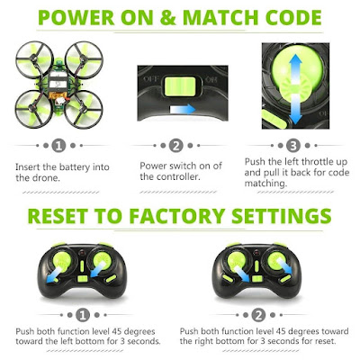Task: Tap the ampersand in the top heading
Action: [x=167, y=17]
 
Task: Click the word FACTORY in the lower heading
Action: [x=177, y=216]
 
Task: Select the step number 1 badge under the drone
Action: [x=58, y=146]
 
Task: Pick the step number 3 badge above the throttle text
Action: [x=293, y=146]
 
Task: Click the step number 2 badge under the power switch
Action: [x=176, y=146]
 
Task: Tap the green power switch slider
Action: [x=180, y=86]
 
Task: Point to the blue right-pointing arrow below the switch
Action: [x=183, y=110]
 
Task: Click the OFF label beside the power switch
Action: [x=150, y=79]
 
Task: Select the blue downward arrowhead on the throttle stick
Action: [x=295, y=118]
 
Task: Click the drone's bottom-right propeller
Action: [x=84, y=109]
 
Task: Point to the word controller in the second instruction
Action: [x=178, y=176]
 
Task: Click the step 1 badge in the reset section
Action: [x=83, y=315]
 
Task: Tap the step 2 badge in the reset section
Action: [x=258, y=315]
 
